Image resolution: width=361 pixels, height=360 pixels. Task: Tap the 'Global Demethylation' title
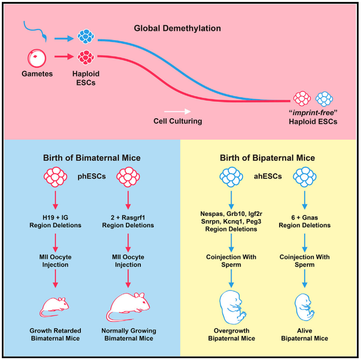pyautogui.click(x=177, y=28)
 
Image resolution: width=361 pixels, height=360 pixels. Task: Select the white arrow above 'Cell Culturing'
pyautogui.click(x=178, y=111)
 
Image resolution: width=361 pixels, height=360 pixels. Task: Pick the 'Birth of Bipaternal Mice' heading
pyautogui.click(x=267, y=158)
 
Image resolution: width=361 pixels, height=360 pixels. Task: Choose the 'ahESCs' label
pyautogui.click(x=268, y=176)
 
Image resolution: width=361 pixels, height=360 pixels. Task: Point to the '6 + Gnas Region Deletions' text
pyautogui.click(x=304, y=221)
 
